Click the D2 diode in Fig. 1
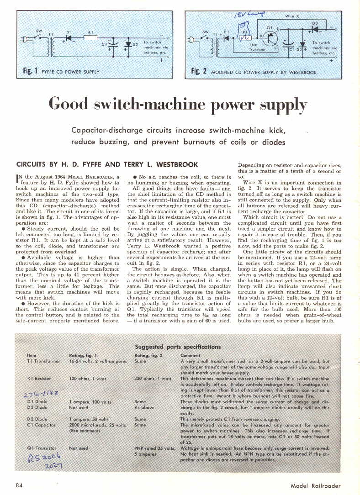pos(129,44)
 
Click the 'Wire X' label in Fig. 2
pos(292,16)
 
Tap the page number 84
pos(20,485)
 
